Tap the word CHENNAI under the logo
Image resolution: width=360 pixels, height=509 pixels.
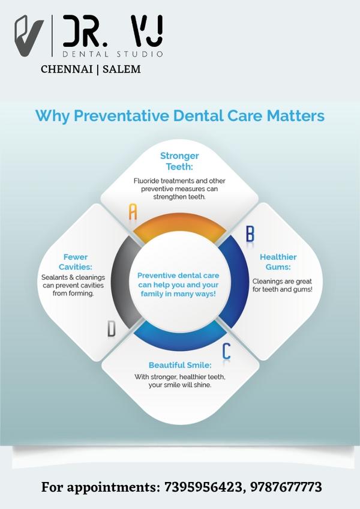pyautogui.click(x=67, y=69)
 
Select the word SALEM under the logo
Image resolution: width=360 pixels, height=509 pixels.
pyautogui.click(x=121, y=69)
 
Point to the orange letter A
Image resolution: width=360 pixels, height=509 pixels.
pyautogui.click(x=133, y=211)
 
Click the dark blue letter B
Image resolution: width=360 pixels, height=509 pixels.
pyautogui.click(x=250, y=233)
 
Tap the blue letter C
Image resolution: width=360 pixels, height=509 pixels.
pyautogui.click(x=226, y=351)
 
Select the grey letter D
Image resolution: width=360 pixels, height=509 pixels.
pyautogui.click(x=112, y=328)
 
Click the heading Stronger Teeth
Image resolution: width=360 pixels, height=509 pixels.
pyautogui.click(x=179, y=161)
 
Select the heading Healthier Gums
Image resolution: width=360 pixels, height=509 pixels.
pyautogui.click(x=278, y=262)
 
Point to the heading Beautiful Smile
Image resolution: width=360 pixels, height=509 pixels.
pyautogui.click(x=180, y=365)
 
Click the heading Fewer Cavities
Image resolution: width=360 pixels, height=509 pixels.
pyautogui.click(x=76, y=262)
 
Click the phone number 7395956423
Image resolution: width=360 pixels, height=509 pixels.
pyautogui.click(x=203, y=487)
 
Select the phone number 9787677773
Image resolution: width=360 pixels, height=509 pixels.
pyautogui.click(x=286, y=487)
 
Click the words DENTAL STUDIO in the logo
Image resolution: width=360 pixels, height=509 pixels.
pyautogui.click(x=113, y=54)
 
